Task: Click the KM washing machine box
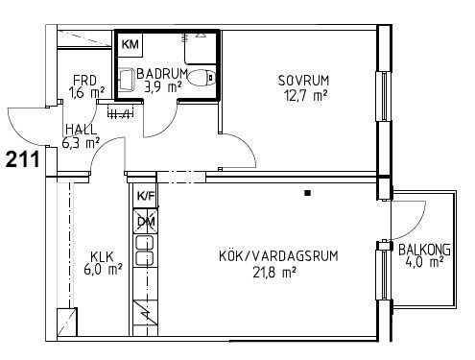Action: [131, 44]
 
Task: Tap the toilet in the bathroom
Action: [202, 78]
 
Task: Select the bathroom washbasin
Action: [127, 78]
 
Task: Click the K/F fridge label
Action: [146, 195]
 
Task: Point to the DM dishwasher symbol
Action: [146, 221]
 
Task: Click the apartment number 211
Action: [23, 159]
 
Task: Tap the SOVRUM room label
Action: [303, 81]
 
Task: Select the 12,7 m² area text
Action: [306, 95]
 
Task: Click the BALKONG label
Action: [424, 250]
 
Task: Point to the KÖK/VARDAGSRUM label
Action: [278, 256]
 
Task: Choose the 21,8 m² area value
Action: [274, 273]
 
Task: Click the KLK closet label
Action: [102, 256]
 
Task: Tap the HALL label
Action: [81, 130]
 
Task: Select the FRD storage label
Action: [84, 80]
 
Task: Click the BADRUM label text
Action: [162, 74]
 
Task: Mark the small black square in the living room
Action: [307, 193]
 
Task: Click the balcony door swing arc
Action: [416, 228]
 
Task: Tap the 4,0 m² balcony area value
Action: [424, 262]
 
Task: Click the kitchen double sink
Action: [146, 251]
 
